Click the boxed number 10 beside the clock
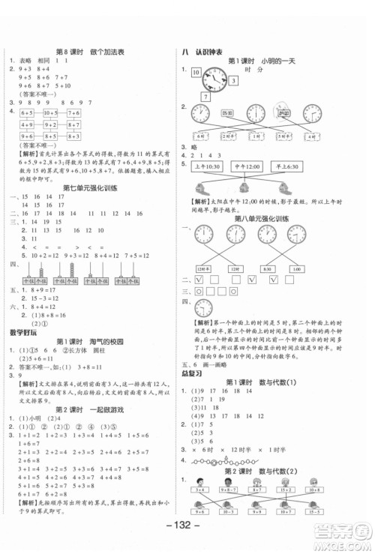pyautogui.click(x=197, y=73)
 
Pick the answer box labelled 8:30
pyautogui.click(x=268, y=269)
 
